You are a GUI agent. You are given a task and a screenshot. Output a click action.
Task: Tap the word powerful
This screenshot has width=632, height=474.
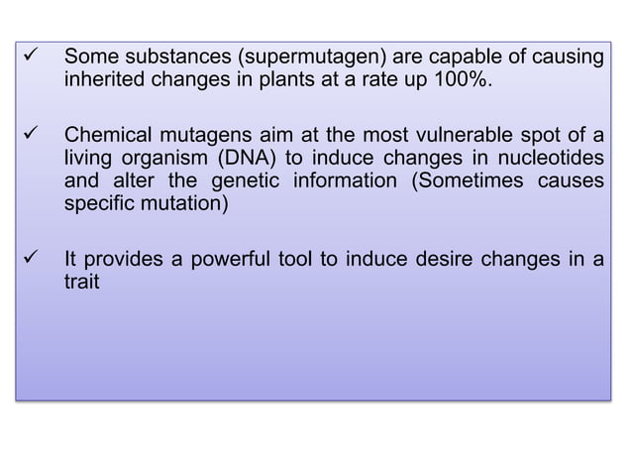pyautogui.click(x=222, y=262)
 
